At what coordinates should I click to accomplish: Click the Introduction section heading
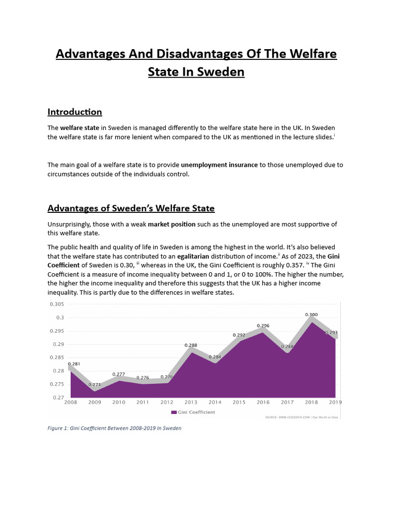tap(75, 112)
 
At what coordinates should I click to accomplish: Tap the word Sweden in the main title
tap(222, 72)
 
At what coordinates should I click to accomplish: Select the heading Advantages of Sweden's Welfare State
tap(131, 208)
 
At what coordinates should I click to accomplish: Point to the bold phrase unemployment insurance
tap(219, 165)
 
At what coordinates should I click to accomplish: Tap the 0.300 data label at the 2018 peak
tap(311, 314)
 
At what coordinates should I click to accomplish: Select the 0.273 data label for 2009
tap(94, 384)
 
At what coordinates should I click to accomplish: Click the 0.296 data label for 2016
tap(263, 325)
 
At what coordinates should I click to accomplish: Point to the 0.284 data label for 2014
tap(215, 356)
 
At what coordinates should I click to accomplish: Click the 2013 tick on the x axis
tap(191, 402)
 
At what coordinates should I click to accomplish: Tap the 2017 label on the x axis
tap(287, 402)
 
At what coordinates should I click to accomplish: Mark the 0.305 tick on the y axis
tap(56, 304)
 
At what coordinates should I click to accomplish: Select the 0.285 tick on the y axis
tap(56, 357)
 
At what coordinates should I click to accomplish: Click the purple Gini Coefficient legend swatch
tap(173, 412)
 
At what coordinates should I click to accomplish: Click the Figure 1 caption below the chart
tap(115, 428)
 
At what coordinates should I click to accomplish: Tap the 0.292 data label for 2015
tap(239, 335)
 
